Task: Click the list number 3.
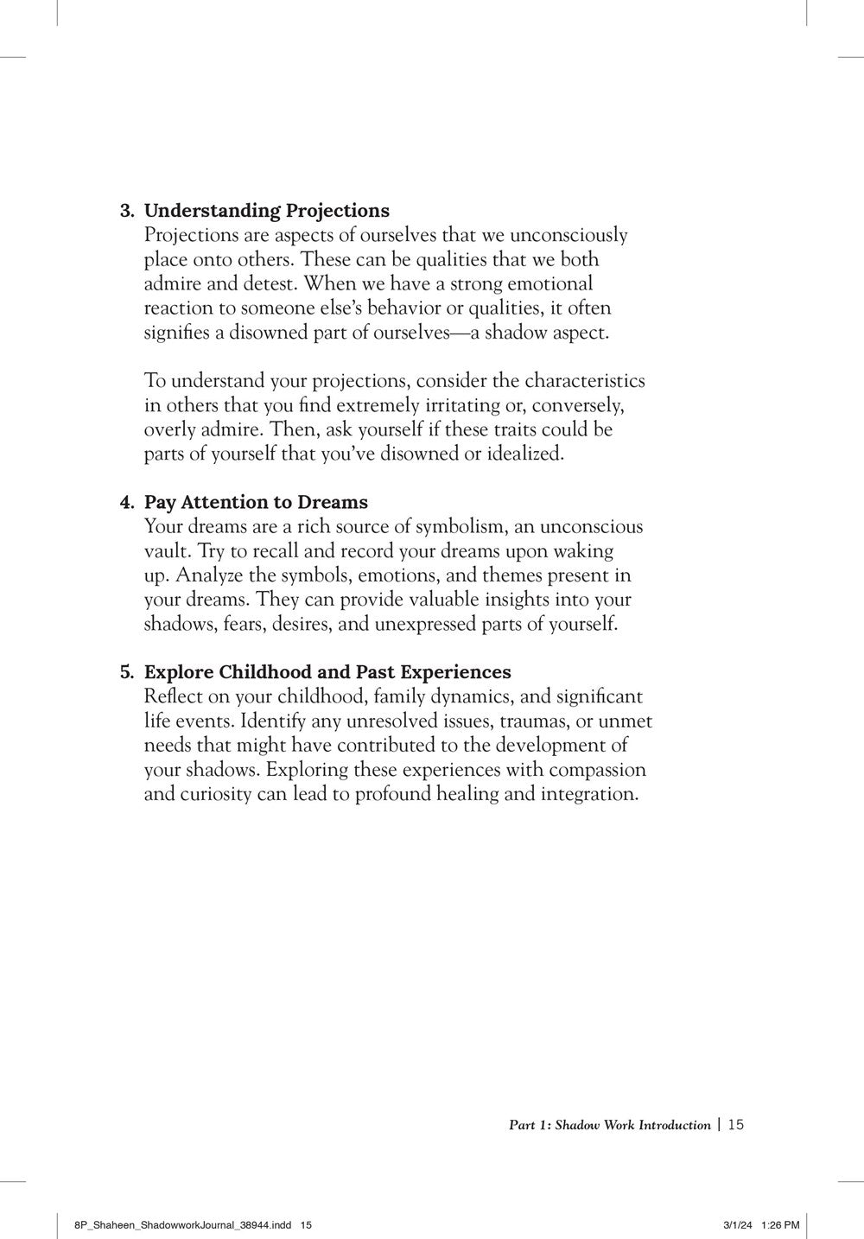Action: click(x=125, y=211)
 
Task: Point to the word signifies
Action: click(x=173, y=333)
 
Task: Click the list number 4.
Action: click(x=125, y=503)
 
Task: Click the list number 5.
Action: click(x=125, y=672)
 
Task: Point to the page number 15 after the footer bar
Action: click(x=736, y=1124)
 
